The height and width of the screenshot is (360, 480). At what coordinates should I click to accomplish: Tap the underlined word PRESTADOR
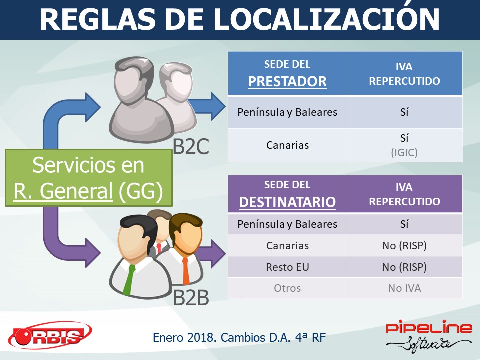287,81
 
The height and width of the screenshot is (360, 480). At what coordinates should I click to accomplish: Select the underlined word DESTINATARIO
287,202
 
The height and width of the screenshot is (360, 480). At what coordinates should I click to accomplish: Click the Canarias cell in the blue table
287,145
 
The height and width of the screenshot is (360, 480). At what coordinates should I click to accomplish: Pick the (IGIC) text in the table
404,152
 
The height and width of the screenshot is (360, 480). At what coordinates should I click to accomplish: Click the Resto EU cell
287,267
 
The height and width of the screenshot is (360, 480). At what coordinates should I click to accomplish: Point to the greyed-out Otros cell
287,288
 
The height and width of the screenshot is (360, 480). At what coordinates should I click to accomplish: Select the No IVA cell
404,288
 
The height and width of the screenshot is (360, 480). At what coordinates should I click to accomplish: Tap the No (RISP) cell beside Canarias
404,246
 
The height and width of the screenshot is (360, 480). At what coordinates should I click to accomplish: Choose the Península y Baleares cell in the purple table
287,224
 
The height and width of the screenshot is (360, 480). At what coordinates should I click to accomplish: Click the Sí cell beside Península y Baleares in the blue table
404,112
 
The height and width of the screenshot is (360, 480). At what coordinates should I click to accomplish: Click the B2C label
191,146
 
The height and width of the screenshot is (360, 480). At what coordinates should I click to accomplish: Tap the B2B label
191,297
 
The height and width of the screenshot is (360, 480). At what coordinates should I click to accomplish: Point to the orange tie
186,271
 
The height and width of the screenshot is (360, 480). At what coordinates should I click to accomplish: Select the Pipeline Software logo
428,336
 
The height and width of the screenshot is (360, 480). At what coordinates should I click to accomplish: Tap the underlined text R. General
63,191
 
